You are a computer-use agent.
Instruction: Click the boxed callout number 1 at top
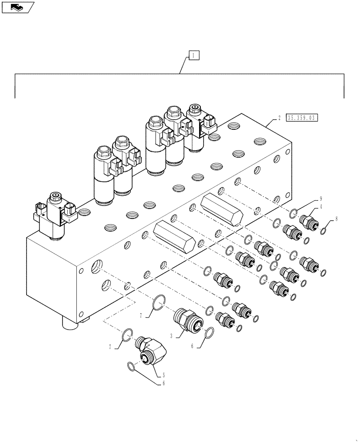(194, 55)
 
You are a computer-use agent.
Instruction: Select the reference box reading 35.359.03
(303, 117)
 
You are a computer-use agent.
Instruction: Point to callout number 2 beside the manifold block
(279, 118)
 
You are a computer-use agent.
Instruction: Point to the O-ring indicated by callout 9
(293, 214)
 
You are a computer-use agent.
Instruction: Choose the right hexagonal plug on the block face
(222, 210)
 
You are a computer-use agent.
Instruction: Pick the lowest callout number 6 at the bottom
(163, 383)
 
